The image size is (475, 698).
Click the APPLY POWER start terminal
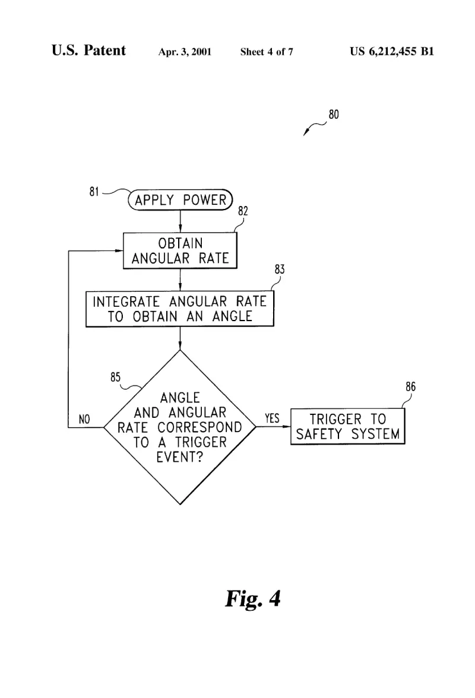180,200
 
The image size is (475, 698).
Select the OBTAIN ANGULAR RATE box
180,250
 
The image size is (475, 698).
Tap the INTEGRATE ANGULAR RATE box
179,309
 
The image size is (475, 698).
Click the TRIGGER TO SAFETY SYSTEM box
348,426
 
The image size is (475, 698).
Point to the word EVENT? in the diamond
180,457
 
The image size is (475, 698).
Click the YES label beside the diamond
272,418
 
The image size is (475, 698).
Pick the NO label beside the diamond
84,419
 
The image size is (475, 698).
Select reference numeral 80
334,115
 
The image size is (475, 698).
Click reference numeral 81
94,191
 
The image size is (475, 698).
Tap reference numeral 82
243,211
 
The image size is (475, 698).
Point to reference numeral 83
279,269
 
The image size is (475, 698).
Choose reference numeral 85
115,377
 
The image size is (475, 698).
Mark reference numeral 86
410,386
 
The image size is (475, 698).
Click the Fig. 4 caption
253,599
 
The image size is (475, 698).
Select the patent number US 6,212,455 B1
392,51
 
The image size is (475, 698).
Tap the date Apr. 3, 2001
185,52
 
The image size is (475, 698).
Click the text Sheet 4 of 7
267,52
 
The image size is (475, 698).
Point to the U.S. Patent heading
88,50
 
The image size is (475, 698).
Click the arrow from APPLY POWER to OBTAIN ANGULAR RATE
180,221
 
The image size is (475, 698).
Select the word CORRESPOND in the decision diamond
199,427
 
